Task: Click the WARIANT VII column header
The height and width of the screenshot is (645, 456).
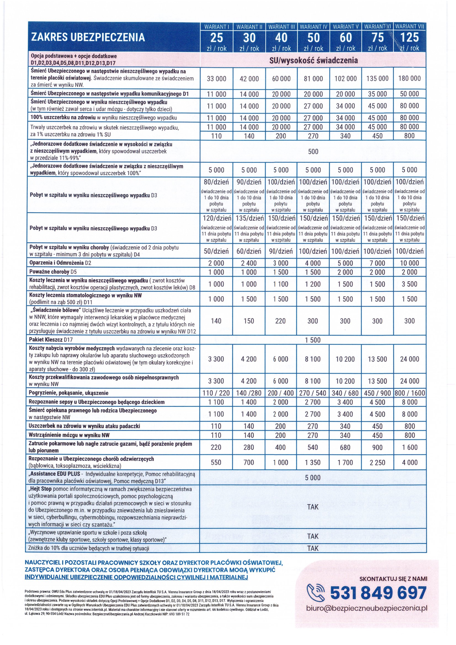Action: point(410,27)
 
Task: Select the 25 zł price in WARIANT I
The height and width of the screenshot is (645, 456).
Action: point(216,38)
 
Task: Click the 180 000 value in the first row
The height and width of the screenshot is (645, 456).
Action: point(409,78)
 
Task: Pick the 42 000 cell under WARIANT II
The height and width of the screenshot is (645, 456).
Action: point(249,79)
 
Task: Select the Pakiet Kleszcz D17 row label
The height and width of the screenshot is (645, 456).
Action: point(51,340)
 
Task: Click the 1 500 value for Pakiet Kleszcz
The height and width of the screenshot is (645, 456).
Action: point(313,340)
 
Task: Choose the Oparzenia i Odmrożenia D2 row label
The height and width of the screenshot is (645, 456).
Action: point(60,263)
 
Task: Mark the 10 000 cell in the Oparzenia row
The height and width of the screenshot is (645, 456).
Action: point(409,263)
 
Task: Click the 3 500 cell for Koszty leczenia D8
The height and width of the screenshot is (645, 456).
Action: point(409,284)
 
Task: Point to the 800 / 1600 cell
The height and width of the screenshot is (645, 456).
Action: point(409,393)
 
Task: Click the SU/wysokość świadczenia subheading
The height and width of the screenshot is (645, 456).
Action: point(313,60)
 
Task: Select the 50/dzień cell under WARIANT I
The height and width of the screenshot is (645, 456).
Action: point(216,251)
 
